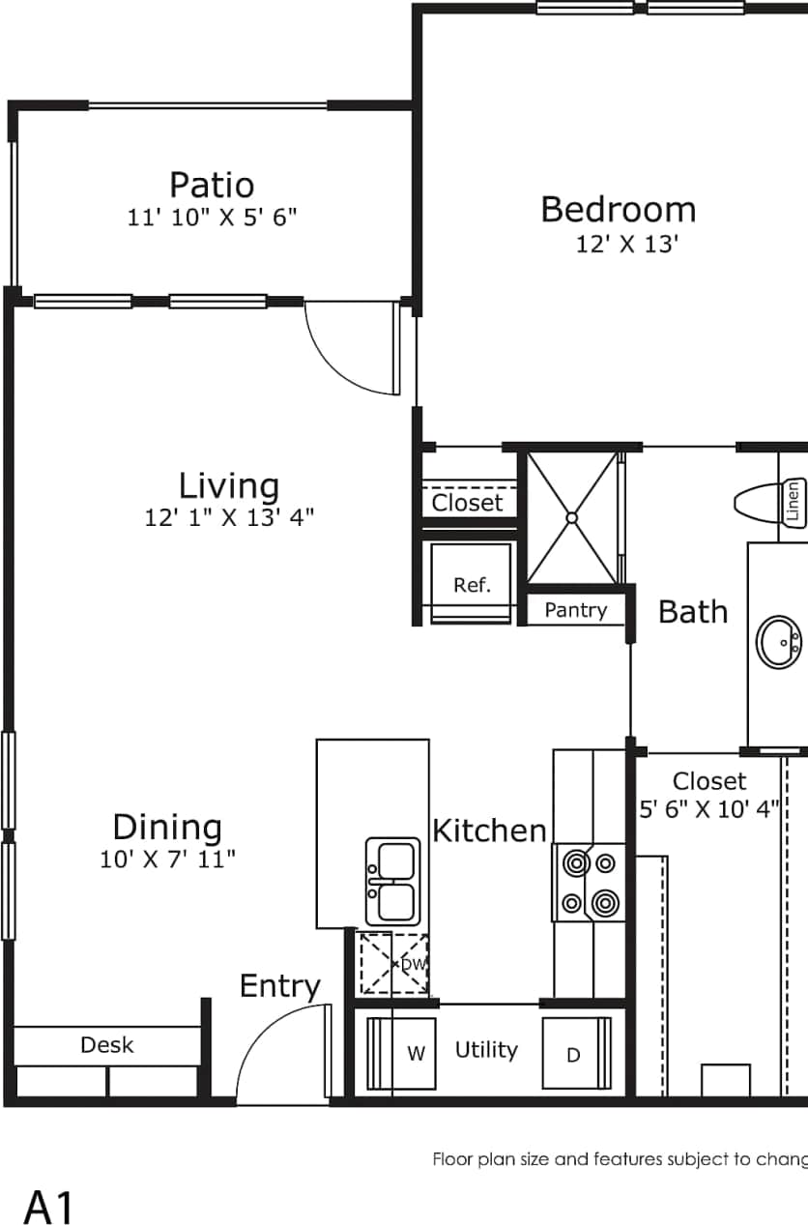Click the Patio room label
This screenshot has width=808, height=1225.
point(212,185)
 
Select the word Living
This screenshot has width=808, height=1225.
point(229,485)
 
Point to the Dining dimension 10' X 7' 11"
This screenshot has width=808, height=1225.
point(167,859)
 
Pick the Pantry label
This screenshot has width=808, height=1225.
point(575,610)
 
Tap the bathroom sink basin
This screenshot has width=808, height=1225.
point(778,642)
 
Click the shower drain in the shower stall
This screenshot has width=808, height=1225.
point(571,518)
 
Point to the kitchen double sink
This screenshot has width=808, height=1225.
point(392,880)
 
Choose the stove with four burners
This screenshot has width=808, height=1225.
point(589,882)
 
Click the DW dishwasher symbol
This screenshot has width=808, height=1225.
point(394,963)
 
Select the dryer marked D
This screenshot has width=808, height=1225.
point(575,1054)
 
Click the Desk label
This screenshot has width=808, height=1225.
point(107,1045)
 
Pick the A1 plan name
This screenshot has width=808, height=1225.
point(48,1208)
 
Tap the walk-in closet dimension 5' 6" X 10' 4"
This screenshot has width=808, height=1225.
point(709,809)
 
